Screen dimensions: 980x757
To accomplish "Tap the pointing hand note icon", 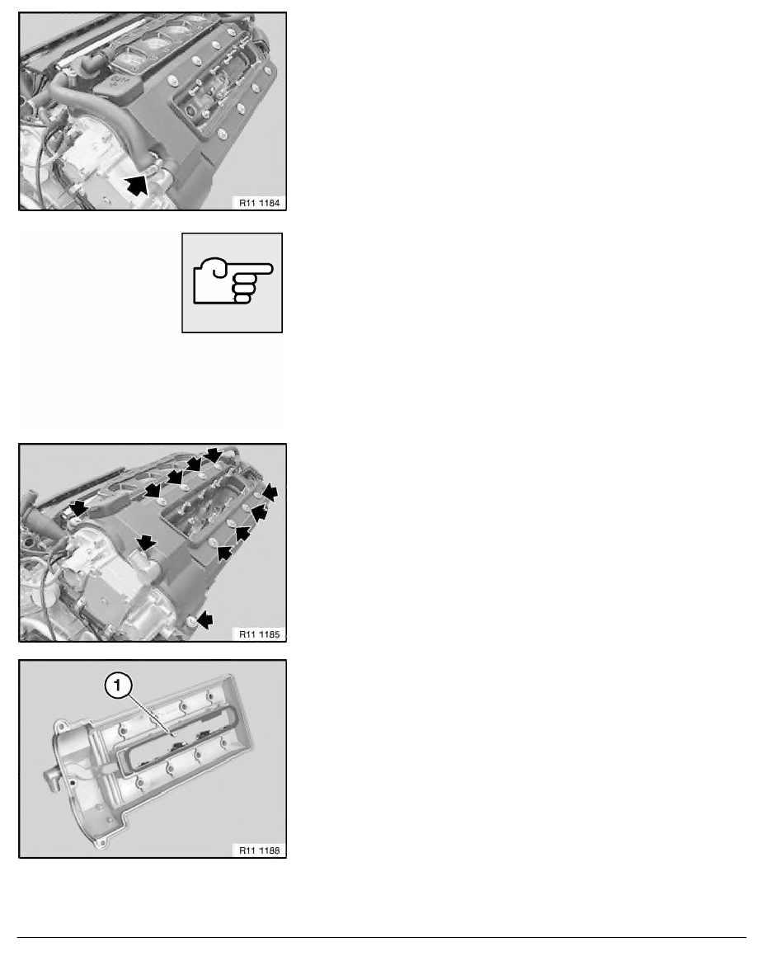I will click(x=232, y=282).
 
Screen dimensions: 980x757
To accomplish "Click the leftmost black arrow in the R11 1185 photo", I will click(x=76, y=506).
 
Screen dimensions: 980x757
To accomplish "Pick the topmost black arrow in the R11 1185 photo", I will click(x=214, y=454).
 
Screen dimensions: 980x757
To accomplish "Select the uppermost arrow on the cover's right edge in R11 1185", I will click(x=271, y=493).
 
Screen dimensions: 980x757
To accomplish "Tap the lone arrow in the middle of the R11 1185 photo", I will click(x=146, y=541).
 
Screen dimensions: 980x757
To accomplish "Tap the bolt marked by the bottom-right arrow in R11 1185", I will click(x=193, y=620).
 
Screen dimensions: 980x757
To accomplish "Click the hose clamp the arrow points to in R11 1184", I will click(x=153, y=169).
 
